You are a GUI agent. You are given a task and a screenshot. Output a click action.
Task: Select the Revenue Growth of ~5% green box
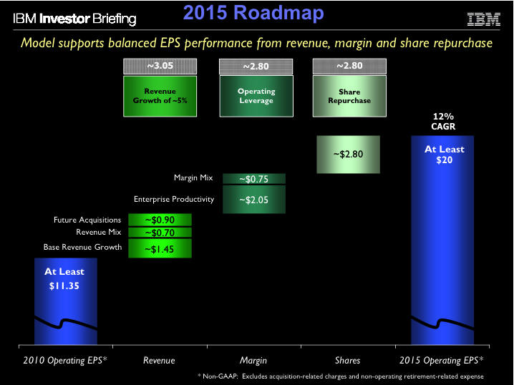click(x=160, y=96)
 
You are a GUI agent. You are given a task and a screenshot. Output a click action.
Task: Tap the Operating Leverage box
click(x=256, y=96)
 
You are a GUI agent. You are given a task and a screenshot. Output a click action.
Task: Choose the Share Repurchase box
click(x=349, y=96)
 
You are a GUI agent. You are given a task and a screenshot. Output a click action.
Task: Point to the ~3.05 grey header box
click(x=160, y=67)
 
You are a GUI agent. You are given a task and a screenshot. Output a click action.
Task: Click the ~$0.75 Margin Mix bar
click(x=254, y=179)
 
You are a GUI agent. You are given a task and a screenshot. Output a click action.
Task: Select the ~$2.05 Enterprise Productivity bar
click(x=254, y=200)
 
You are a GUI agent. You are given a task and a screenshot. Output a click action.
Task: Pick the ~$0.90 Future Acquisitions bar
click(x=160, y=220)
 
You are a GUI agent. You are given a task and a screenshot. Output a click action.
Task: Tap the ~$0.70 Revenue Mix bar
click(x=160, y=233)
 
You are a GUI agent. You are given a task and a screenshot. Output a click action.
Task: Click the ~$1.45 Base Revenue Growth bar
click(x=160, y=248)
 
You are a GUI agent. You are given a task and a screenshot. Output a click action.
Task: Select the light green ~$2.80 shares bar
click(x=349, y=155)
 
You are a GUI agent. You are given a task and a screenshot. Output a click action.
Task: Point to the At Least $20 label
click(x=445, y=155)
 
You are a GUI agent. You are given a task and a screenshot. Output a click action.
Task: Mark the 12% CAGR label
click(x=445, y=121)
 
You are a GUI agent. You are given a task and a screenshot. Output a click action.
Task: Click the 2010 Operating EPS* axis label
click(x=65, y=360)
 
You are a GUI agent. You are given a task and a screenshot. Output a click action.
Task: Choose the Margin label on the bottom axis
click(x=254, y=360)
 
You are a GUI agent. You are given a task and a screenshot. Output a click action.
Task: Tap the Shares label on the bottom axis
click(x=349, y=360)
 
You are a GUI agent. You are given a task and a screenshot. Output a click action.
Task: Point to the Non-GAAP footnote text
click(x=340, y=376)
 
